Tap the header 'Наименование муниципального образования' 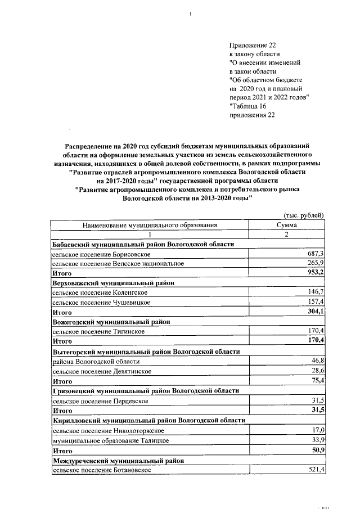[x=150, y=225]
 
